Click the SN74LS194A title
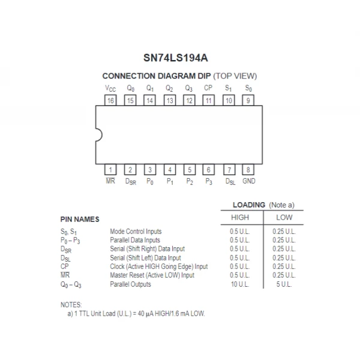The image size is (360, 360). pos(179,57)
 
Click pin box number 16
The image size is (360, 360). pos(111,100)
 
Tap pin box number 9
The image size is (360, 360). pos(248,100)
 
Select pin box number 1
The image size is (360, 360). pos(111,170)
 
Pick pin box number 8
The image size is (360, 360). pos(248,170)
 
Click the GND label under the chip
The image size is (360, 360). pos(248,181)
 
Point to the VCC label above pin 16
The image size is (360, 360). pos(111,88)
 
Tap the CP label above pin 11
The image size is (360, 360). pos(208,88)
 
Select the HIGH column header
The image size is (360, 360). pos(240,217)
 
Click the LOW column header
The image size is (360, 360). pos(284,217)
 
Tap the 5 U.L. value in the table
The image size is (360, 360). pos(284,284)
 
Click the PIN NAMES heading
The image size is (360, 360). pos(80,220)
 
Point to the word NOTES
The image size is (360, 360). pos(71,305)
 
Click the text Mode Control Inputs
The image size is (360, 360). pos(136,231)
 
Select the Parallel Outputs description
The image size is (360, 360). pos(130,284)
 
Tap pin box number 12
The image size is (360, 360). pos(189,100)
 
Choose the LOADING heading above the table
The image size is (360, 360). pos(248,205)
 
